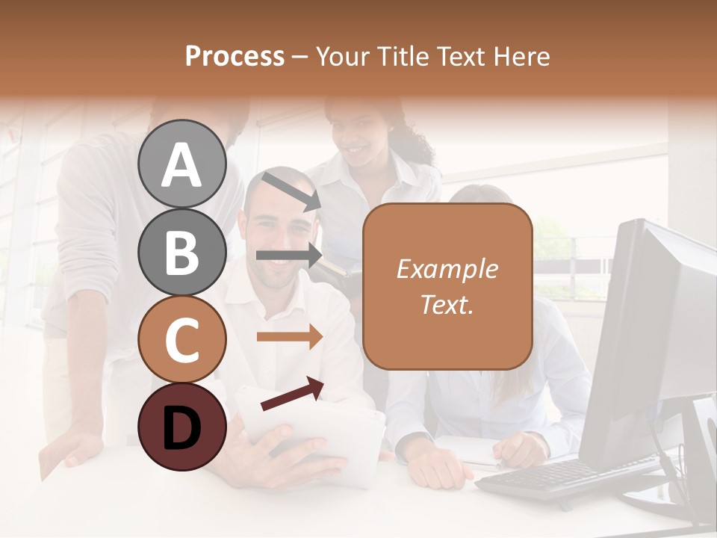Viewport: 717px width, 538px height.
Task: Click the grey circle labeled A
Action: (x=181, y=164)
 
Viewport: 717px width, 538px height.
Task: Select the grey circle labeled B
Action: (x=181, y=252)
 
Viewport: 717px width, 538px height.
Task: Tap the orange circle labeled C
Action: (x=181, y=339)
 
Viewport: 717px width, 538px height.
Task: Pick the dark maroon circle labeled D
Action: (x=181, y=427)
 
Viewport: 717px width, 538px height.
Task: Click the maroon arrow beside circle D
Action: (x=292, y=394)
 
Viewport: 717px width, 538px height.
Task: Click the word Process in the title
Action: (x=235, y=56)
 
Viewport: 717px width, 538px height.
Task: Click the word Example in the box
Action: (x=447, y=269)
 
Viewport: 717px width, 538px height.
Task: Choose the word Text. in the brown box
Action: (x=447, y=304)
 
